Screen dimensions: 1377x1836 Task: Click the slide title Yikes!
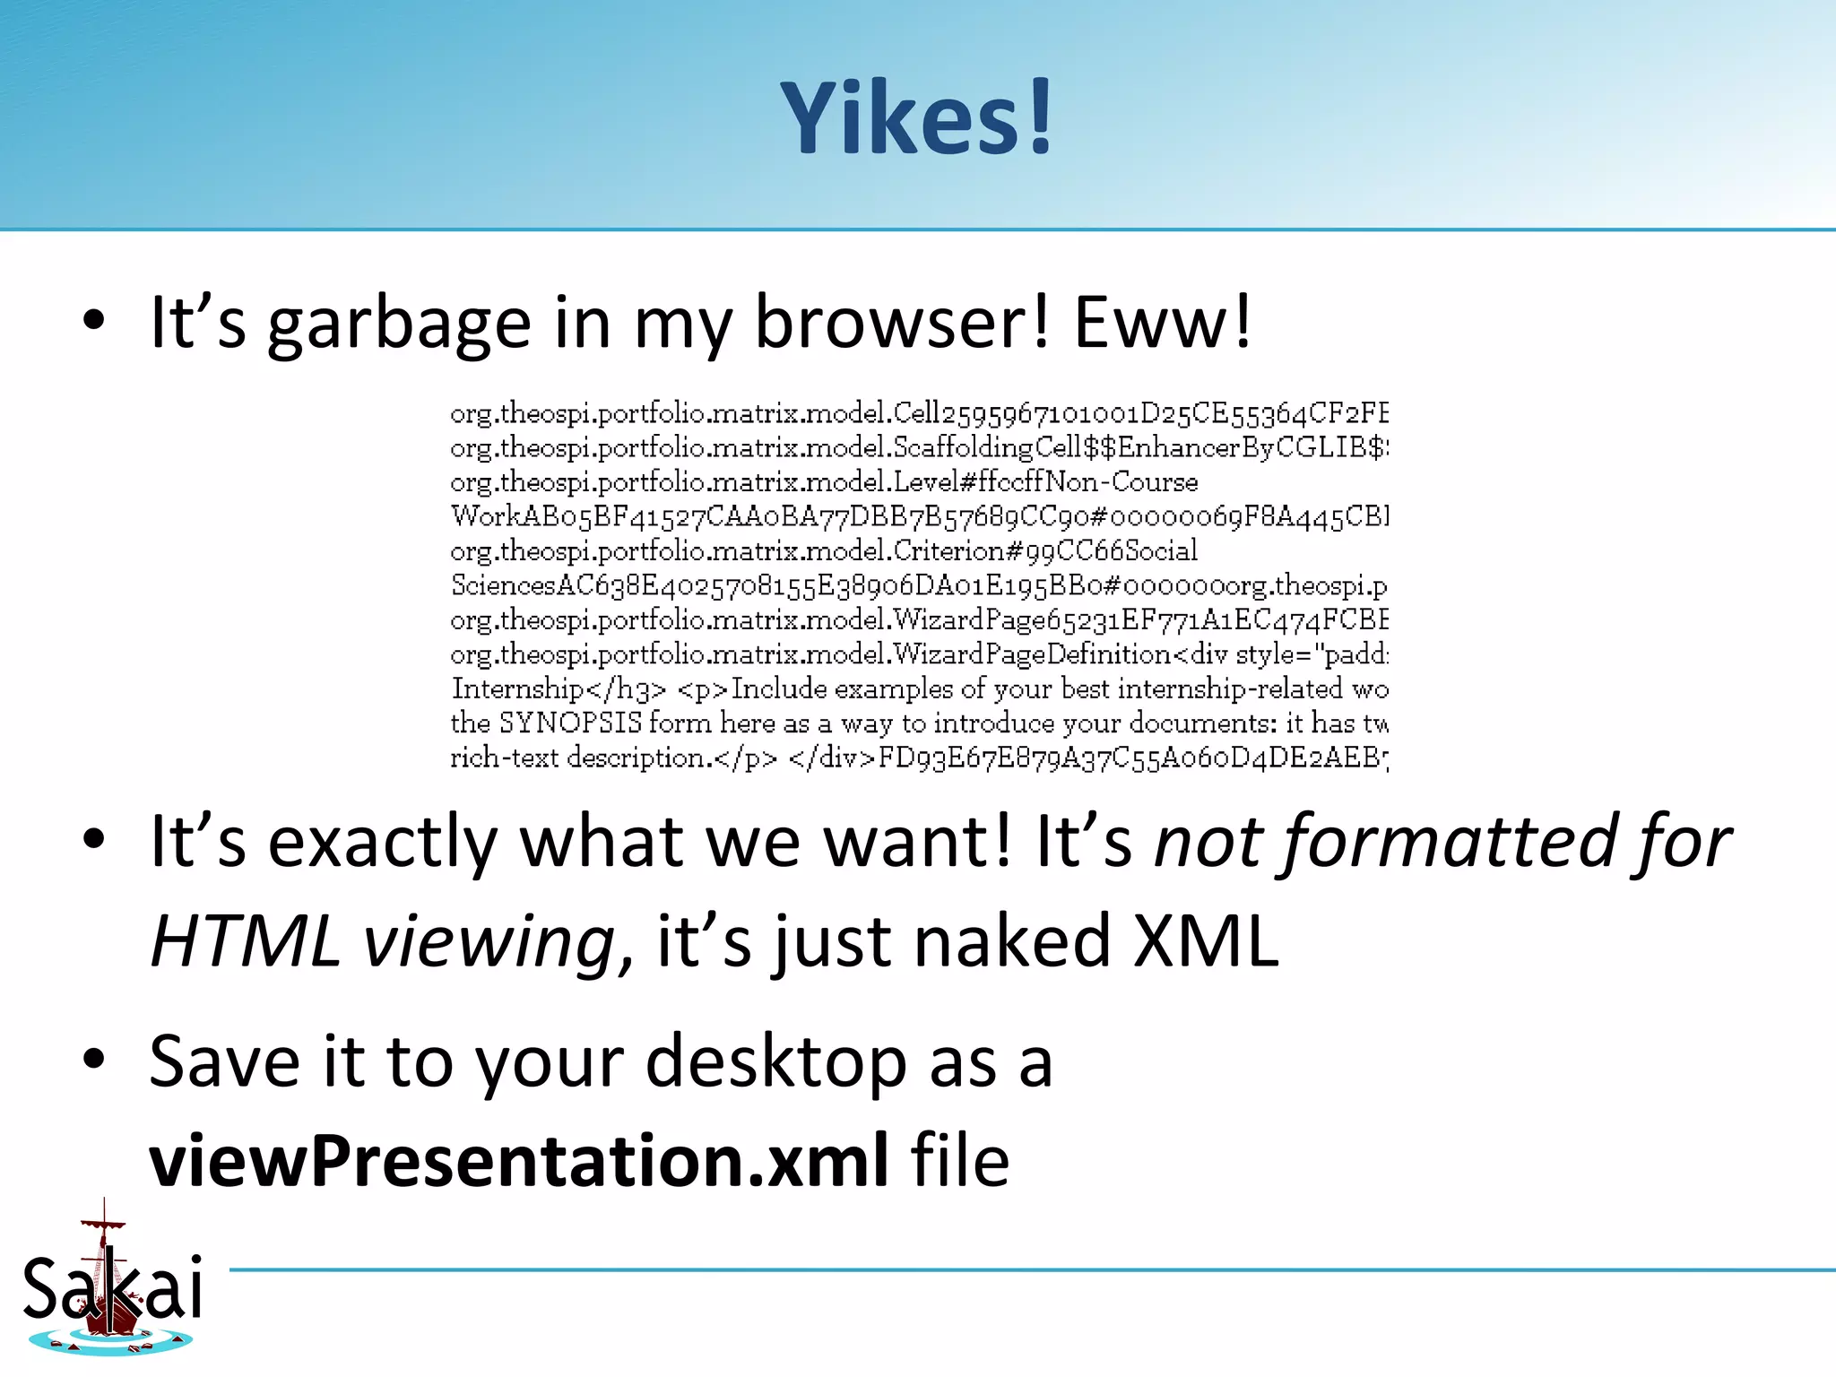916,118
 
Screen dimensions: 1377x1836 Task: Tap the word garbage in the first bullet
399,325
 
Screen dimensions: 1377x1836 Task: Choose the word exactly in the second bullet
382,843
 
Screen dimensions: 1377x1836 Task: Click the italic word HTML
245,941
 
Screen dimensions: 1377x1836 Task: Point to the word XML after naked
1207,941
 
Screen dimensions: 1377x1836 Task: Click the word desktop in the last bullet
776,1063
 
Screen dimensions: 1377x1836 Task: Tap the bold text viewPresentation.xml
519,1160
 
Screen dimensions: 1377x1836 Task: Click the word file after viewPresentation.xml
960,1160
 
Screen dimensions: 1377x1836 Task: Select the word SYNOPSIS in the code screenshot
570,723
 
